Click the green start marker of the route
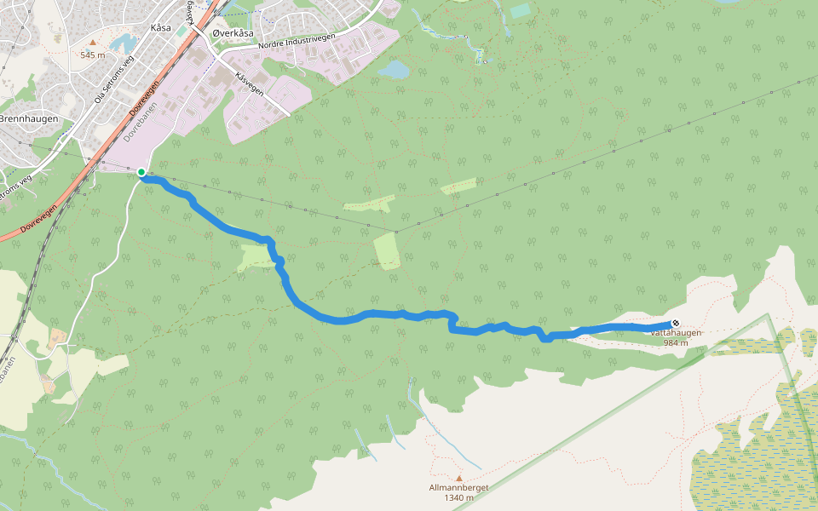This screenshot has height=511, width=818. [x=141, y=172]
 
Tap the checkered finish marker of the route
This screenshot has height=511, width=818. [x=676, y=323]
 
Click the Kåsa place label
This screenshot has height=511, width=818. [x=160, y=27]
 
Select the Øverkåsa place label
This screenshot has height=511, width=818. [x=233, y=33]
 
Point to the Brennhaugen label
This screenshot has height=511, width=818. [x=29, y=118]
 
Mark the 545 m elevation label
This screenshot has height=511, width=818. [x=93, y=55]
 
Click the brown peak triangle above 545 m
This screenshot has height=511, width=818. [x=93, y=42]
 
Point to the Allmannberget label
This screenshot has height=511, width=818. [x=458, y=488]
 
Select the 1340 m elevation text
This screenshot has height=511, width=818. [x=458, y=498]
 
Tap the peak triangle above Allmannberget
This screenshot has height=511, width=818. [x=458, y=478]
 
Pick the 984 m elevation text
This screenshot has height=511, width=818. [x=676, y=342]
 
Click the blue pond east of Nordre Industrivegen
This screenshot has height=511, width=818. [x=394, y=69]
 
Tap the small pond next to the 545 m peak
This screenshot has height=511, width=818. [x=123, y=43]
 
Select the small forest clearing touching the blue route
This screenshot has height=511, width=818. [x=256, y=255]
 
